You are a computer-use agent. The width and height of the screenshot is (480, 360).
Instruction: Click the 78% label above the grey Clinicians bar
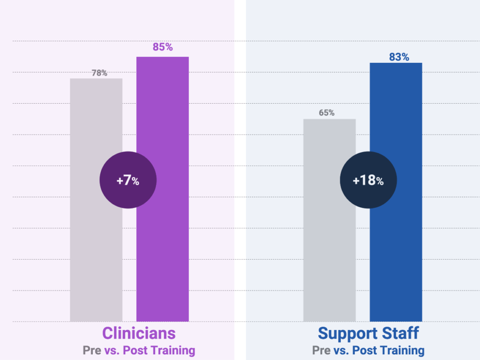coord(99,73)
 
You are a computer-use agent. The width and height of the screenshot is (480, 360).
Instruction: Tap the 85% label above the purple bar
coord(163,47)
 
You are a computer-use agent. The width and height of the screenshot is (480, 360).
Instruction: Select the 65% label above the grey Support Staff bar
coord(327,113)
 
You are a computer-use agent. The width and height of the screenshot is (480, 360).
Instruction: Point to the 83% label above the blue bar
coord(399,57)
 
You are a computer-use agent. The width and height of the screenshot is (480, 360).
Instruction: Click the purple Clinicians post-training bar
coord(163,244)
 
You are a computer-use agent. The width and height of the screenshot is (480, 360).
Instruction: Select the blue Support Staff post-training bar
coord(396,253)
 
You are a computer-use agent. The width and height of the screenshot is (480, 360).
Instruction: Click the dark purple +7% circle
coord(127,180)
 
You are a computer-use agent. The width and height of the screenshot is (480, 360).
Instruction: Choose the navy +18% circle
coord(368,180)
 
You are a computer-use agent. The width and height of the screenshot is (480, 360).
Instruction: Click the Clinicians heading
coord(139,333)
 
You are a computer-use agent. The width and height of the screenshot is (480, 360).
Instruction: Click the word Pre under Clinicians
coord(92,350)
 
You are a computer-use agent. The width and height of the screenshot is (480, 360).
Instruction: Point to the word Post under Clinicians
coord(135,350)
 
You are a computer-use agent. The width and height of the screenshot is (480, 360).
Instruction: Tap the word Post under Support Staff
coord(365,350)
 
